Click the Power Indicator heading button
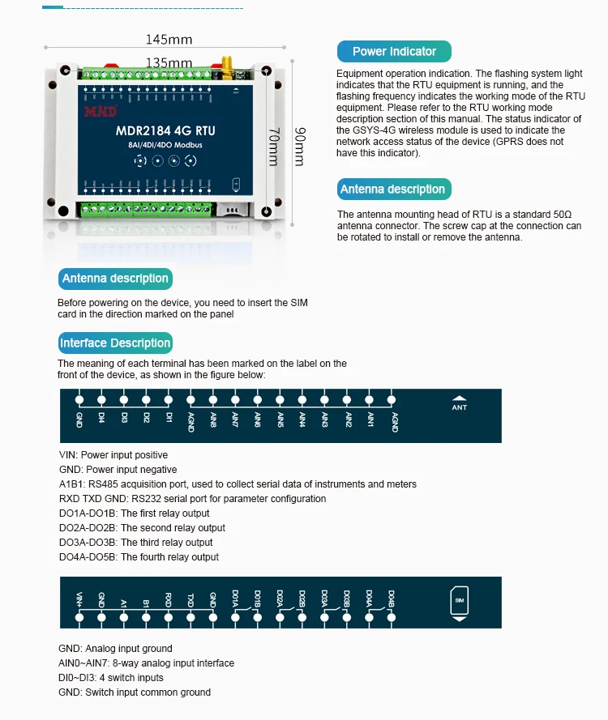pos(394,52)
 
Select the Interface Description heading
pos(115,343)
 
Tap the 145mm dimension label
pos(169,39)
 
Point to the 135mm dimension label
pos(169,63)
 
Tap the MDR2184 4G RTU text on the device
pos(166,130)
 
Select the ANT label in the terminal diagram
pos(460,407)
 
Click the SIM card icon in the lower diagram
pos(460,601)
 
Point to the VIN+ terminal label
pos(79,600)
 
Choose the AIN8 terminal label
pos(212,420)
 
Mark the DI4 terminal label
pos(101,418)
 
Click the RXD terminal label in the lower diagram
pos(169,600)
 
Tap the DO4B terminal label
pos(391,599)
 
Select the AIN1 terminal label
pos(370,420)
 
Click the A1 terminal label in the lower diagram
pos(124,602)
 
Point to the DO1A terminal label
pos(235,599)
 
